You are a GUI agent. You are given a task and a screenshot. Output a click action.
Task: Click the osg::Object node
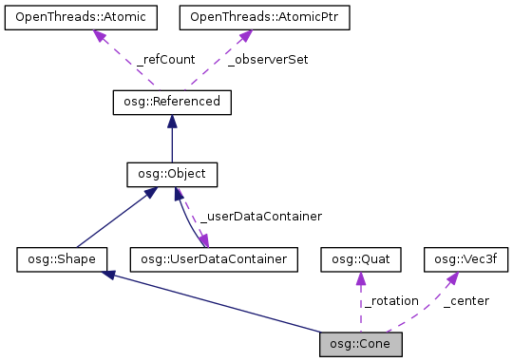pos(172,175)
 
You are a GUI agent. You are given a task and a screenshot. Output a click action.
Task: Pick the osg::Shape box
pos(62,258)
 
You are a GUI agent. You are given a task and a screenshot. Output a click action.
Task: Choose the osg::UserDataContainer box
pos(215,258)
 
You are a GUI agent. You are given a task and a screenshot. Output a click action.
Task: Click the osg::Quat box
pos(362,258)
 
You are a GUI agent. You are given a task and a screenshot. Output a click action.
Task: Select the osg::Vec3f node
pos(465,258)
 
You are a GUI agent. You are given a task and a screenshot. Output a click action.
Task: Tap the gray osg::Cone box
pos(362,342)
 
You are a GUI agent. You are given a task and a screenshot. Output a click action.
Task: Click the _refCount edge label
pos(165,59)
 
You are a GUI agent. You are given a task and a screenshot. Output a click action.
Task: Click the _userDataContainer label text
pos(260,216)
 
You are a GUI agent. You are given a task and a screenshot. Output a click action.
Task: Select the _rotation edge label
pos(389,300)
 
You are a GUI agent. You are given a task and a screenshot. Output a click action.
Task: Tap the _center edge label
pos(465,300)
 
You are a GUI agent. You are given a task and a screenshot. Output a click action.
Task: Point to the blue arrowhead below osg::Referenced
pos(172,121)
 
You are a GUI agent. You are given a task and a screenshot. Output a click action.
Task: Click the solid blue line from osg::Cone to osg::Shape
pos(218,304)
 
